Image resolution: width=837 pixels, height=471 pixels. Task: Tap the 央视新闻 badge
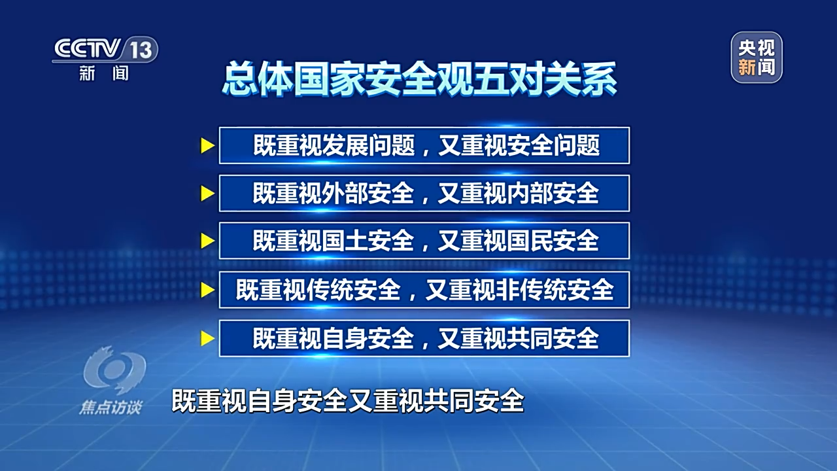click(757, 57)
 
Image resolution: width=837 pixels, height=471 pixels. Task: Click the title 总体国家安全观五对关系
click(419, 80)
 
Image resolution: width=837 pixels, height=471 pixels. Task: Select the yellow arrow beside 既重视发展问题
click(208, 145)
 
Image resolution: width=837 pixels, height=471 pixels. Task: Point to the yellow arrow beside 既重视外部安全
click(208, 193)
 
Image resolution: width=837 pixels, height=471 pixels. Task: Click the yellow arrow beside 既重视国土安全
click(208, 241)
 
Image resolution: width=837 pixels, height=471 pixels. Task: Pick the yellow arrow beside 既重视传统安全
click(208, 290)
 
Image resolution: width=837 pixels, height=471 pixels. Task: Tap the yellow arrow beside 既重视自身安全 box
click(208, 338)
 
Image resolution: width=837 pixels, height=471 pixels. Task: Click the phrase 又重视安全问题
click(519, 145)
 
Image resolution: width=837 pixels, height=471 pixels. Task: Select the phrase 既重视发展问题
click(334, 145)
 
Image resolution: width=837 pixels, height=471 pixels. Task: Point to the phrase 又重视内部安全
click(519, 193)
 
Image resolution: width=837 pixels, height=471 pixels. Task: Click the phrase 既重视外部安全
click(333, 193)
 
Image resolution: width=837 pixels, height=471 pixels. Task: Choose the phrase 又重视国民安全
click(519, 241)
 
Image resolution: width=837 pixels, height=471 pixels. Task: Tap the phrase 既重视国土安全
click(333, 241)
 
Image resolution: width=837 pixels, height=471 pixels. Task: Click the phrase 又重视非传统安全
click(519, 290)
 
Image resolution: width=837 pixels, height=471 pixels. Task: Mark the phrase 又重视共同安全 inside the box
click(519, 338)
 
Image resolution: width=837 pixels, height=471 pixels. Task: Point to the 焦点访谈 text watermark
click(111, 408)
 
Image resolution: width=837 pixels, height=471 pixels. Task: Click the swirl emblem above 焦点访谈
click(114, 370)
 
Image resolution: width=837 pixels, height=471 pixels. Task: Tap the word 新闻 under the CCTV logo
click(104, 73)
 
